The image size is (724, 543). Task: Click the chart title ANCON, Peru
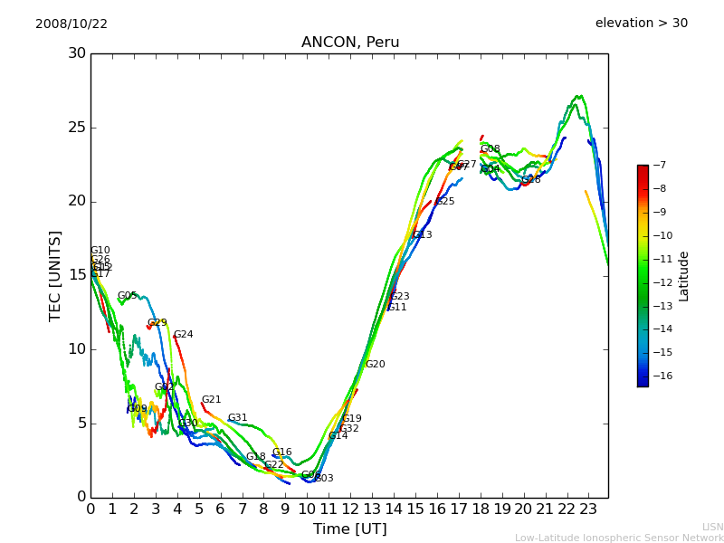coord(350,43)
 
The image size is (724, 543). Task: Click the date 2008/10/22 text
coord(71,24)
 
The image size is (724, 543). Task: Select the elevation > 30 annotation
coord(641,24)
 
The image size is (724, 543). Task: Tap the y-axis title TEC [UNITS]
coord(56,275)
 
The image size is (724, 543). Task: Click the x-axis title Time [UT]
coord(349,529)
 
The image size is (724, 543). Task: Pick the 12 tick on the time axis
coord(350,509)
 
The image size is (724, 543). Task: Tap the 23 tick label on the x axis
coord(588,509)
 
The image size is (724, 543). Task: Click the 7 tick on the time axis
coord(243,509)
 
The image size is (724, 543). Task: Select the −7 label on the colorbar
coord(658,165)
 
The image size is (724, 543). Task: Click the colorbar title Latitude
coord(684,276)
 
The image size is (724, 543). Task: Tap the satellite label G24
coord(184,335)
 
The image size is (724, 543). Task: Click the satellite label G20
coord(376,365)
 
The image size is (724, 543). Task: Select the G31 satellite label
coord(238,418)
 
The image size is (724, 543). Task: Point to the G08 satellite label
coord(491,149)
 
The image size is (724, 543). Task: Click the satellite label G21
coord(212,400)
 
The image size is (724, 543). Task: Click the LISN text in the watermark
coord(712,527)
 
